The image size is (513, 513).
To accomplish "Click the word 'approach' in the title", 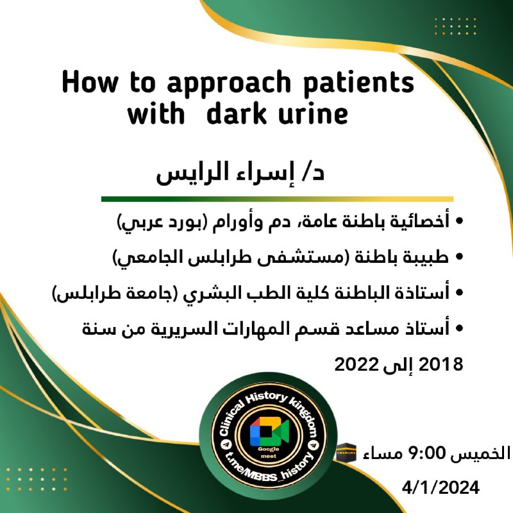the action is [x=229, y=84].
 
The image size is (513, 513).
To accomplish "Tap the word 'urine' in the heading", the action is [x=313, y=114].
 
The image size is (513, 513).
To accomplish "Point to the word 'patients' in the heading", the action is [x=359, y=83].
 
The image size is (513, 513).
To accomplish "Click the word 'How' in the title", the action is [x=90, y=82].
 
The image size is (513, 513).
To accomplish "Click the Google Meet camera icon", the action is [x=269, y=431].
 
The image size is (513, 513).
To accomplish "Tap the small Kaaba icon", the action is [x=346, y=453].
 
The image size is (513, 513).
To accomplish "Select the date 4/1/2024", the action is [x=441, y=488].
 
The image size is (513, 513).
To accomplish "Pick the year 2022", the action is [x=357, y=364].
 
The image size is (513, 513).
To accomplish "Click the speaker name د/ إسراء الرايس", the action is [x=240, y=172].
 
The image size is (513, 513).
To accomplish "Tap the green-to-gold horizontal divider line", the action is [x=278, y=199].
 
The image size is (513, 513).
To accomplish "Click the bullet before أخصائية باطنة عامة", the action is [x=459, y=221].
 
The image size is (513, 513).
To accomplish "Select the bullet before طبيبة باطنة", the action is [x=459, y=257].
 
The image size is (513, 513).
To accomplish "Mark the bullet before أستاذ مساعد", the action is [x=459, y=328].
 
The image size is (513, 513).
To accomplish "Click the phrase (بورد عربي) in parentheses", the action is [x=162, y=222].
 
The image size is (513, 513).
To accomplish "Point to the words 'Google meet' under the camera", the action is [x=268, y=452].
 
